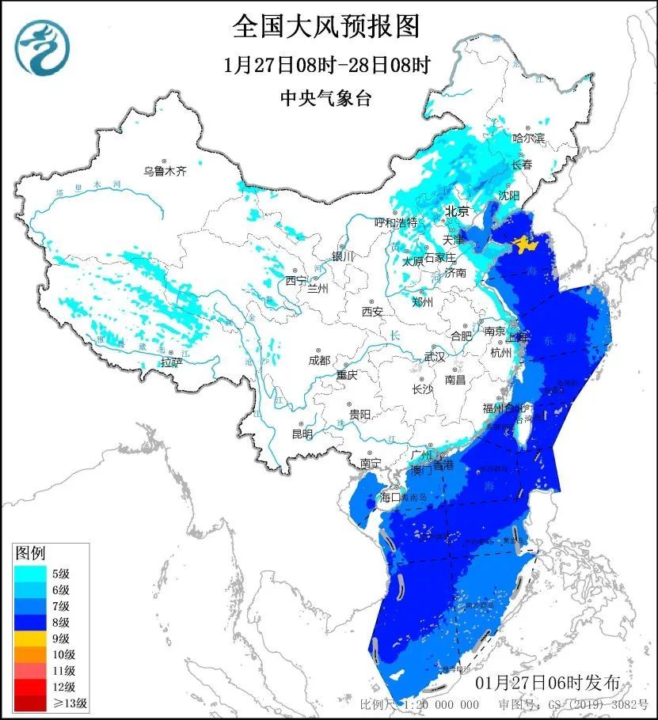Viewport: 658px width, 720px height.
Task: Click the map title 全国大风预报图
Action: click(x=326, y=26)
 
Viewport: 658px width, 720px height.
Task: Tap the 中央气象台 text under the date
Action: click(x=326, y=98)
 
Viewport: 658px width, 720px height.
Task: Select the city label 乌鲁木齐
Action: click(x=165, y=170)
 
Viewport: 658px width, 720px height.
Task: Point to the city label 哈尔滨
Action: click(x=528, y=138)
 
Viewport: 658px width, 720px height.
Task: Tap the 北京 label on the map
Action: click(x=457, y=211)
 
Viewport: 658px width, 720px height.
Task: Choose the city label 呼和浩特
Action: click(x=395, y=222)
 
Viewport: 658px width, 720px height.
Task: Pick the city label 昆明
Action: click(x=302, y=434)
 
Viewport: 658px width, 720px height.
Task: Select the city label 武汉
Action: click(x=434, y=357)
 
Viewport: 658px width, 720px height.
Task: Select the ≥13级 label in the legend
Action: click(x=70, y=703)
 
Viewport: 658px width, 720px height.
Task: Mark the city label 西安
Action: click(x=372, y=312)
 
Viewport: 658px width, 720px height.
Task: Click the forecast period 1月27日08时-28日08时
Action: click(x=326, y=65)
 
